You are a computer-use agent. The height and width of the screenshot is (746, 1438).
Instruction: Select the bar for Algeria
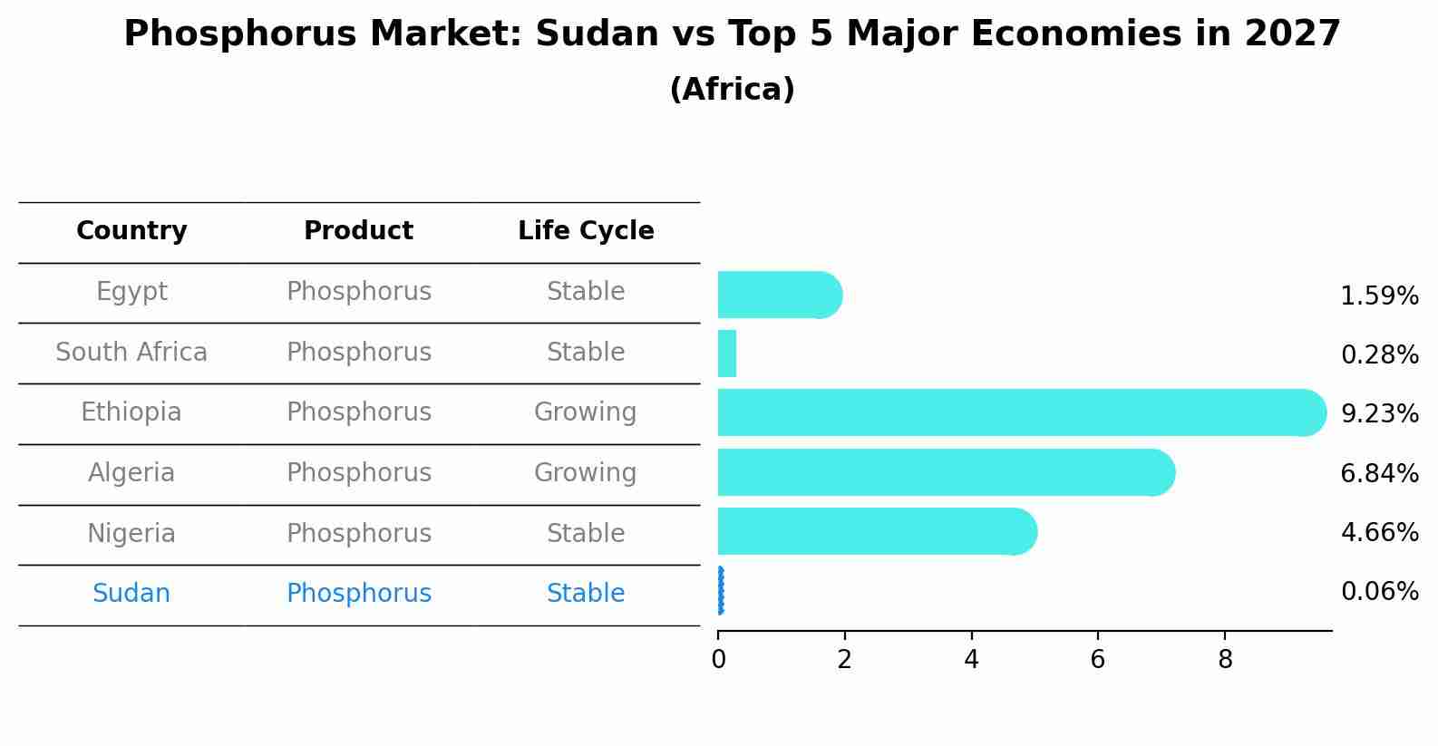click(943, 472)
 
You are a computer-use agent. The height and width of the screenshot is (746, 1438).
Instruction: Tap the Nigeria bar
click(875, 531)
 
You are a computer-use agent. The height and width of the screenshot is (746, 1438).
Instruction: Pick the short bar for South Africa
click(727, 354)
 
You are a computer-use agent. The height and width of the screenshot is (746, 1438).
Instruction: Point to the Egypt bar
click(778, 295)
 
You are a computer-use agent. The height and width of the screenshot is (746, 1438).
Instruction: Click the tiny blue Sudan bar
click(721, 591)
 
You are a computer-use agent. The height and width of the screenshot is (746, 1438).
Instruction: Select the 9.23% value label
click(1379, 414)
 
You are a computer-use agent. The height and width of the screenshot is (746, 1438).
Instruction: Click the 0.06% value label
click(1379, 592)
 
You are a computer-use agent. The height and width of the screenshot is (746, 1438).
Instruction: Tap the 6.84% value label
click(1379, 473)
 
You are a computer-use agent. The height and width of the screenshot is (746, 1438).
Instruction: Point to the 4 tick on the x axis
click(971, 659)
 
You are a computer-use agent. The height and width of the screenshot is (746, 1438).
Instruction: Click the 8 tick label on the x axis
click(1225, 659)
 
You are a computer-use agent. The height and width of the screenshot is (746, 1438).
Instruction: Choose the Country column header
click(131, 231)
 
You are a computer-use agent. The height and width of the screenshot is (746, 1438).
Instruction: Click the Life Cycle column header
click(586, 231)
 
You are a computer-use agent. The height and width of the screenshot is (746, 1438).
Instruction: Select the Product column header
click(358, 231)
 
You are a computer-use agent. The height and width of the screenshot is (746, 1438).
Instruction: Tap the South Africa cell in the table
click(131, 353)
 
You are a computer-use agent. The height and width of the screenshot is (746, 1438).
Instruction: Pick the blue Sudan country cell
click(131, 594)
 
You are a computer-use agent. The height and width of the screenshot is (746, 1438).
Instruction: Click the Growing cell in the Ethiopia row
click(586, 412)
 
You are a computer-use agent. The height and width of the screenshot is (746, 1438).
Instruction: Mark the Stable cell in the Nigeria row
click(586, 534)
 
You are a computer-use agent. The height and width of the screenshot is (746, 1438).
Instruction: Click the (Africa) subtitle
click(732, 90)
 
